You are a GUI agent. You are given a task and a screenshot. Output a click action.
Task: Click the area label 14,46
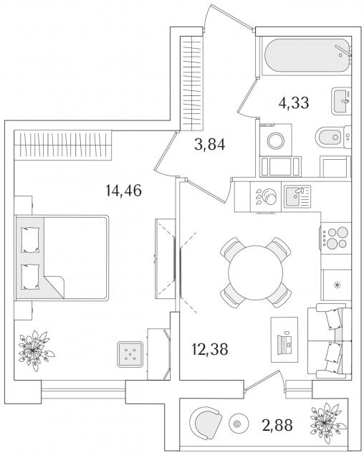click(x=124, y=191)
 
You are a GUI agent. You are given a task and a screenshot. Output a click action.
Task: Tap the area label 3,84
click(x=210, y=145)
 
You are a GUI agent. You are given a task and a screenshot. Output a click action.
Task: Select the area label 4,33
click(x=294, y=102)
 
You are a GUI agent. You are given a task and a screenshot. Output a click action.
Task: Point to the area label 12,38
click(x=210, y=348)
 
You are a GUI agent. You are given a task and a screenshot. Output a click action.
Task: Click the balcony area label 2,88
click(x=277, y=425)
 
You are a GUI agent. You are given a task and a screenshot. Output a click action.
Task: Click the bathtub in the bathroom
click(x=307, y=55)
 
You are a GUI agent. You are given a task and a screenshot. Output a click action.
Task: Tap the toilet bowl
click(x=332, y=137)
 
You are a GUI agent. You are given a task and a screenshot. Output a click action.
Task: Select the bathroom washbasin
click(x=341, y=101)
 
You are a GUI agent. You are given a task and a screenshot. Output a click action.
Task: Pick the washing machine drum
click(x=276, y=140)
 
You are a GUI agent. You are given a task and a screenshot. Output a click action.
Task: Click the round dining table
click(x=255, y=272)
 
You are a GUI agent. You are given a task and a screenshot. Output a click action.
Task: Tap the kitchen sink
click(x=297, y=196)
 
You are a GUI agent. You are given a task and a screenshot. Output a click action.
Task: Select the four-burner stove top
click(x=336, y=238)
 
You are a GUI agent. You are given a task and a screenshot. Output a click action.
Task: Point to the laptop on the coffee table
click(x=285, y=343)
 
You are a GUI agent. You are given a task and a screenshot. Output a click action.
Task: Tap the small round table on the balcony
click(x=237, y=424)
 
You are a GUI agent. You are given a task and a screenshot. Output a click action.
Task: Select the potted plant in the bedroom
click(x=34, y=351)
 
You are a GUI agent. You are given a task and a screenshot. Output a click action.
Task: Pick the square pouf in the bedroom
click(x=130, y=354)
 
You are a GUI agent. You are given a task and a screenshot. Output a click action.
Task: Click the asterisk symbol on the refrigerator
click(x=337, y=285)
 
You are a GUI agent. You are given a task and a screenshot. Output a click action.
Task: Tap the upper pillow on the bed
click(x=30, y=240)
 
